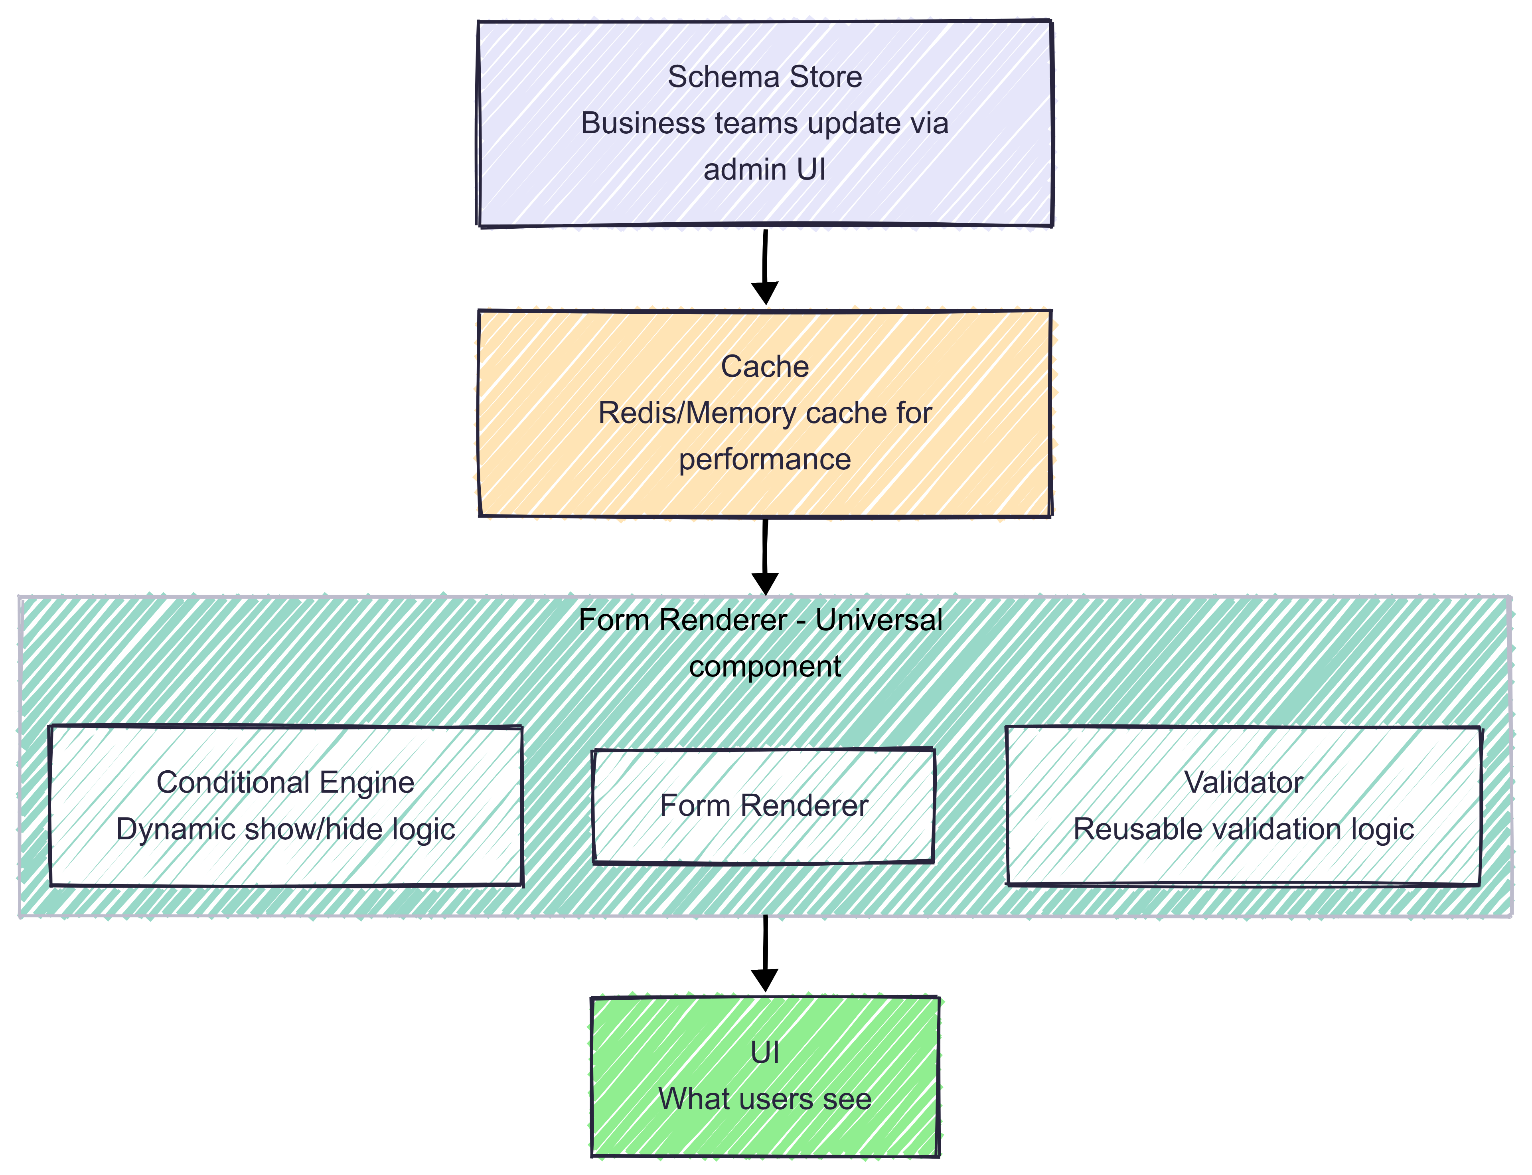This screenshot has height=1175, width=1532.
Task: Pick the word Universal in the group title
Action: point(878,620)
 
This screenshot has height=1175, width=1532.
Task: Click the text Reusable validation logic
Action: point(1243,829)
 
